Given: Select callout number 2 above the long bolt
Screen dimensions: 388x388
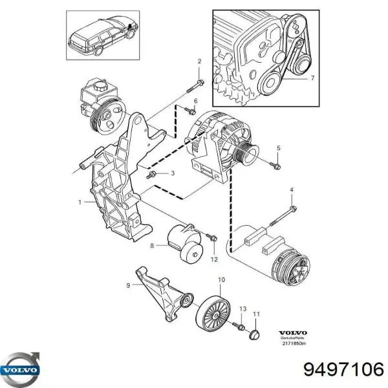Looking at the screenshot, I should click(199, 61).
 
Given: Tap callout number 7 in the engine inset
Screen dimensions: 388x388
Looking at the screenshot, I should click(312, 78).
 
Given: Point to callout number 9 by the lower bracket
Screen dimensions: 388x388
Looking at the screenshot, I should click(128, 285).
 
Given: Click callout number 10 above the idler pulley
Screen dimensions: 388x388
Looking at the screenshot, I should click(221, 281).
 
